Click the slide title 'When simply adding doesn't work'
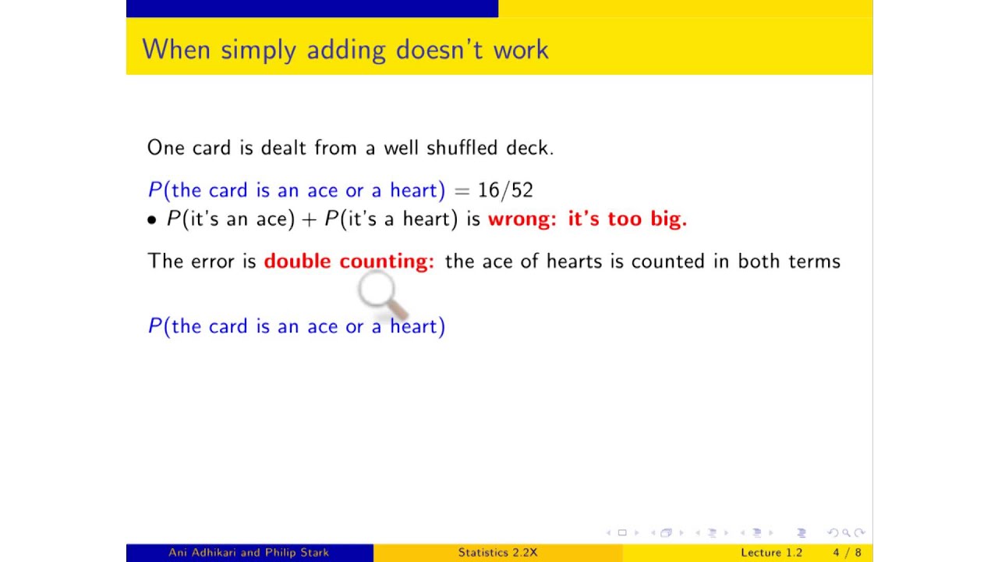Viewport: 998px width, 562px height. click(345, 50)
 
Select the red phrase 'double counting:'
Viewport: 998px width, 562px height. click(349, 261)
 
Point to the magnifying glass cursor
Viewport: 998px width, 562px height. click(378, 293)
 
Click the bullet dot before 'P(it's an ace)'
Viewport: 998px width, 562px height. click(152, 220)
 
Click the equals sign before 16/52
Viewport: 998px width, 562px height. click(462, 190)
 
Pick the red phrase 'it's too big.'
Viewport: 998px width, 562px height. click(627, 219)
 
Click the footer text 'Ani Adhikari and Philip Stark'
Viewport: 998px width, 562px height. click(249, 553)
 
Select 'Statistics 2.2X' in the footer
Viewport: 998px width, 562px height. click(497, 553)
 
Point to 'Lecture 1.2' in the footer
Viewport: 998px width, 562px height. click(771, 553)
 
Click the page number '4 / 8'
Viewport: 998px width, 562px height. click(847, 553)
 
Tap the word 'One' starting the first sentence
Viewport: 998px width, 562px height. click(166, 148)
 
